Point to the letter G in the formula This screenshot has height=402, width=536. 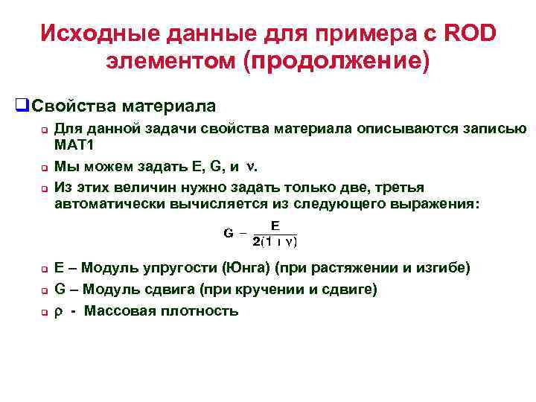point(229,233)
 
